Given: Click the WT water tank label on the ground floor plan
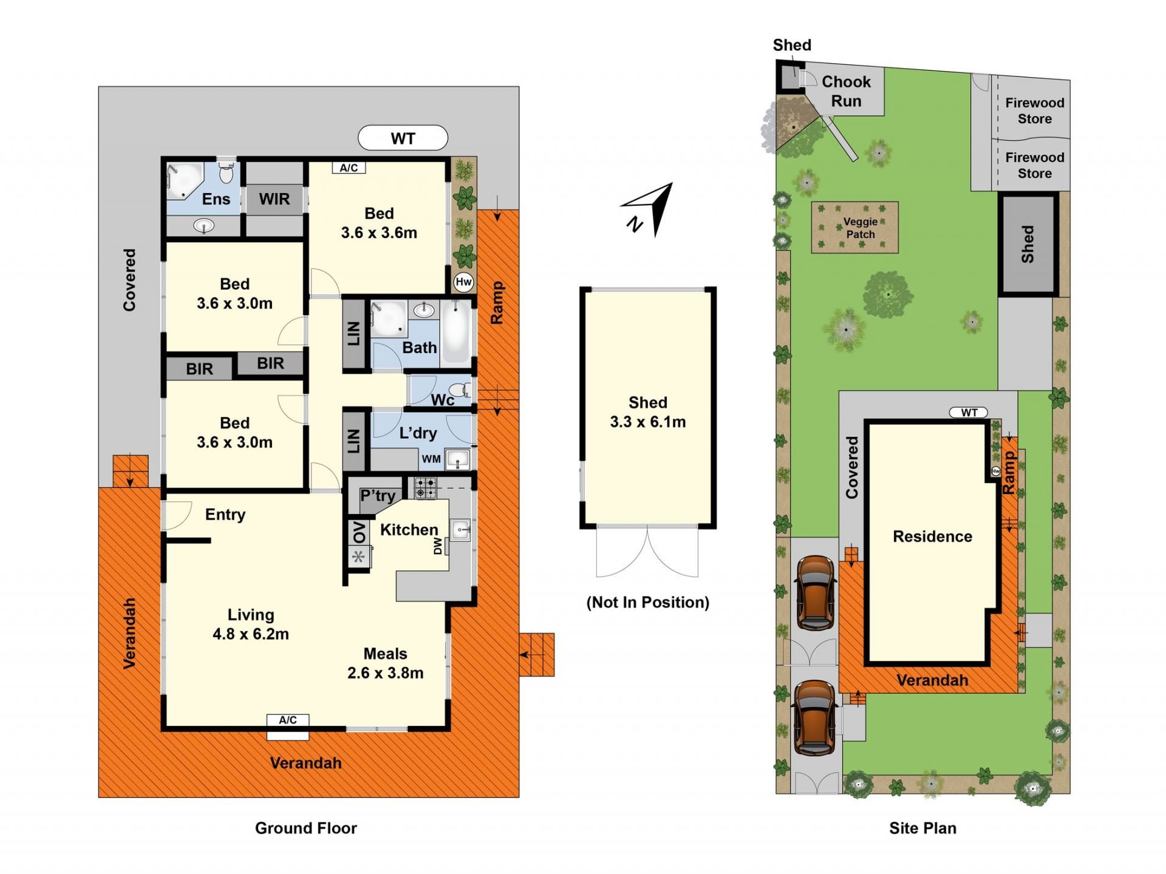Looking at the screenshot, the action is [x=403, y=138].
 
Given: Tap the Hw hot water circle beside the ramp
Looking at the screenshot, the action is [x=463, y=282].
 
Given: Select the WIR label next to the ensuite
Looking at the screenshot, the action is [x=274, y=199].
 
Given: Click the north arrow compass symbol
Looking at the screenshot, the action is [x=648, y=209].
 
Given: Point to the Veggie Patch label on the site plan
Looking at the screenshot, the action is [x=861, y=228].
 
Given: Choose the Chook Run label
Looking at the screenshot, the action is [x=846, y=91].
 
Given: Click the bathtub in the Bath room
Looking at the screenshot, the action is [x=457, y=331].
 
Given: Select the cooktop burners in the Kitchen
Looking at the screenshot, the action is [x=425, y=487].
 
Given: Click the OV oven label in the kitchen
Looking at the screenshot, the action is [x=360, y=532].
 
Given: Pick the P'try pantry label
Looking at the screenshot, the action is [x=378, y=496].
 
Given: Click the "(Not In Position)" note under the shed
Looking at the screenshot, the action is [x=648, y=602].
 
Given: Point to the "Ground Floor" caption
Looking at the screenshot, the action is [x=306, y=828].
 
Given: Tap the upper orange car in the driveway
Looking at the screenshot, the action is [x=815, y=593].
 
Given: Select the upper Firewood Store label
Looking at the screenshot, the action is [x=1035, y=110].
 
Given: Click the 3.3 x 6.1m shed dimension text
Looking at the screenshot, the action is [x=648, y=422].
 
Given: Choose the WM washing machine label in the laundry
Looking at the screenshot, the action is [x=431, y=459].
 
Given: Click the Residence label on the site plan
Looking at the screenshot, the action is [x=932, y=537].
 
